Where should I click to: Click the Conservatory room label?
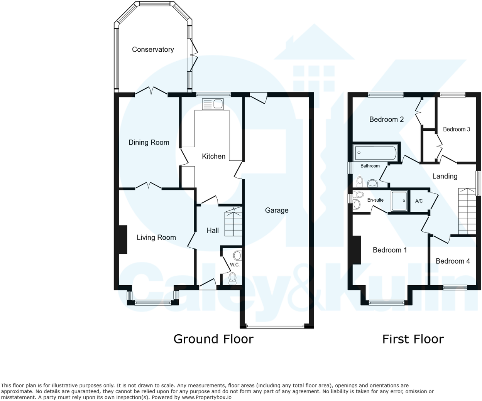153,49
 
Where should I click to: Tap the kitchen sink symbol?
213,104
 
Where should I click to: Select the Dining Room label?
149,142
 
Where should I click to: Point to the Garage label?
276,210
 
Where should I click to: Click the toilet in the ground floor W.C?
232,278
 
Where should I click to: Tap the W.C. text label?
235,265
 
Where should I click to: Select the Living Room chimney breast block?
122,239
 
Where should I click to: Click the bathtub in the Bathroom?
375,153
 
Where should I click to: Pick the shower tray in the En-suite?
399,201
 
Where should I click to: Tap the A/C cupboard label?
419,201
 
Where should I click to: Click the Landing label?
445,176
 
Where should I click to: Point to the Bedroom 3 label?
456,129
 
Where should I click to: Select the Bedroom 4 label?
452,261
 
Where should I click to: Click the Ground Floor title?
213,339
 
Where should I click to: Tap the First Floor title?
413,339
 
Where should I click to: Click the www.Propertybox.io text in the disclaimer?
206,397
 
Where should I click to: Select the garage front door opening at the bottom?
276,327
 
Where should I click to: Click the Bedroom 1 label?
389,250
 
